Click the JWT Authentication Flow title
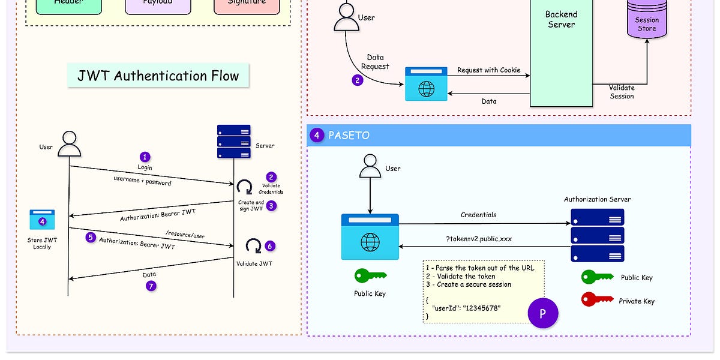158,76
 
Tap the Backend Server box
560,54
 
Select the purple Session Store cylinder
646,21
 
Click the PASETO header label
349,136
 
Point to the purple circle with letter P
542,313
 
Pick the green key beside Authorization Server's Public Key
596,277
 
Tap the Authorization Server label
597,199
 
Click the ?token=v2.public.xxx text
478,238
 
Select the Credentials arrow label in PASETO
478,215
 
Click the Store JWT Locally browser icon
42,220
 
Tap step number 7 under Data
151,286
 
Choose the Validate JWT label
255,263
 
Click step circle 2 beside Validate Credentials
271,177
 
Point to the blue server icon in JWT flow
233,142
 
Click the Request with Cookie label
488,70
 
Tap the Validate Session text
622,92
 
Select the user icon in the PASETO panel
370,166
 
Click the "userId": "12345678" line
466,308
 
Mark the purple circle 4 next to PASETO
317,136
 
